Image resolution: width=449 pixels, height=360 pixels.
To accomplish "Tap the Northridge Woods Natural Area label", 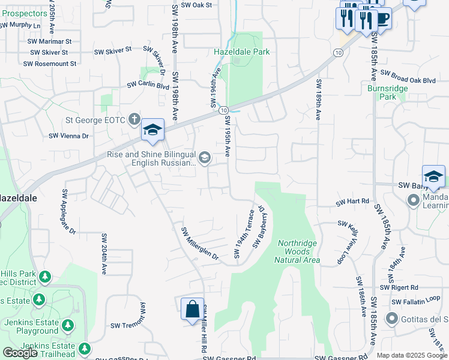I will point(297,251).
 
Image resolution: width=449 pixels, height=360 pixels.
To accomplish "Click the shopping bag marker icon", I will point(192,310).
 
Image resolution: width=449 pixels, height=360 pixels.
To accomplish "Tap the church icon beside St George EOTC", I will point(133,119).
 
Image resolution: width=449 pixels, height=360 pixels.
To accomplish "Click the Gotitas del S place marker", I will point(393,318).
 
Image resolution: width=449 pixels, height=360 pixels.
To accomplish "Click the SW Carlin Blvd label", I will point(148,85).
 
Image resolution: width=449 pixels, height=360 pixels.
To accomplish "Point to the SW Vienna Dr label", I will point(69,136).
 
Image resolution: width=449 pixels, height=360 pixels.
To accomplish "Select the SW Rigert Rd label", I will point(408,287).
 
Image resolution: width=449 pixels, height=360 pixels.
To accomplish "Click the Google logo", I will point(20,353).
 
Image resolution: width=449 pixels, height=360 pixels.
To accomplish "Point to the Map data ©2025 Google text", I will point(412,355).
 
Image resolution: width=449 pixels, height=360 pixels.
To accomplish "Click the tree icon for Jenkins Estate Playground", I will point(68,325).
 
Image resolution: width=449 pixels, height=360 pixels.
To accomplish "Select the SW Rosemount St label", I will point(50,64).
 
